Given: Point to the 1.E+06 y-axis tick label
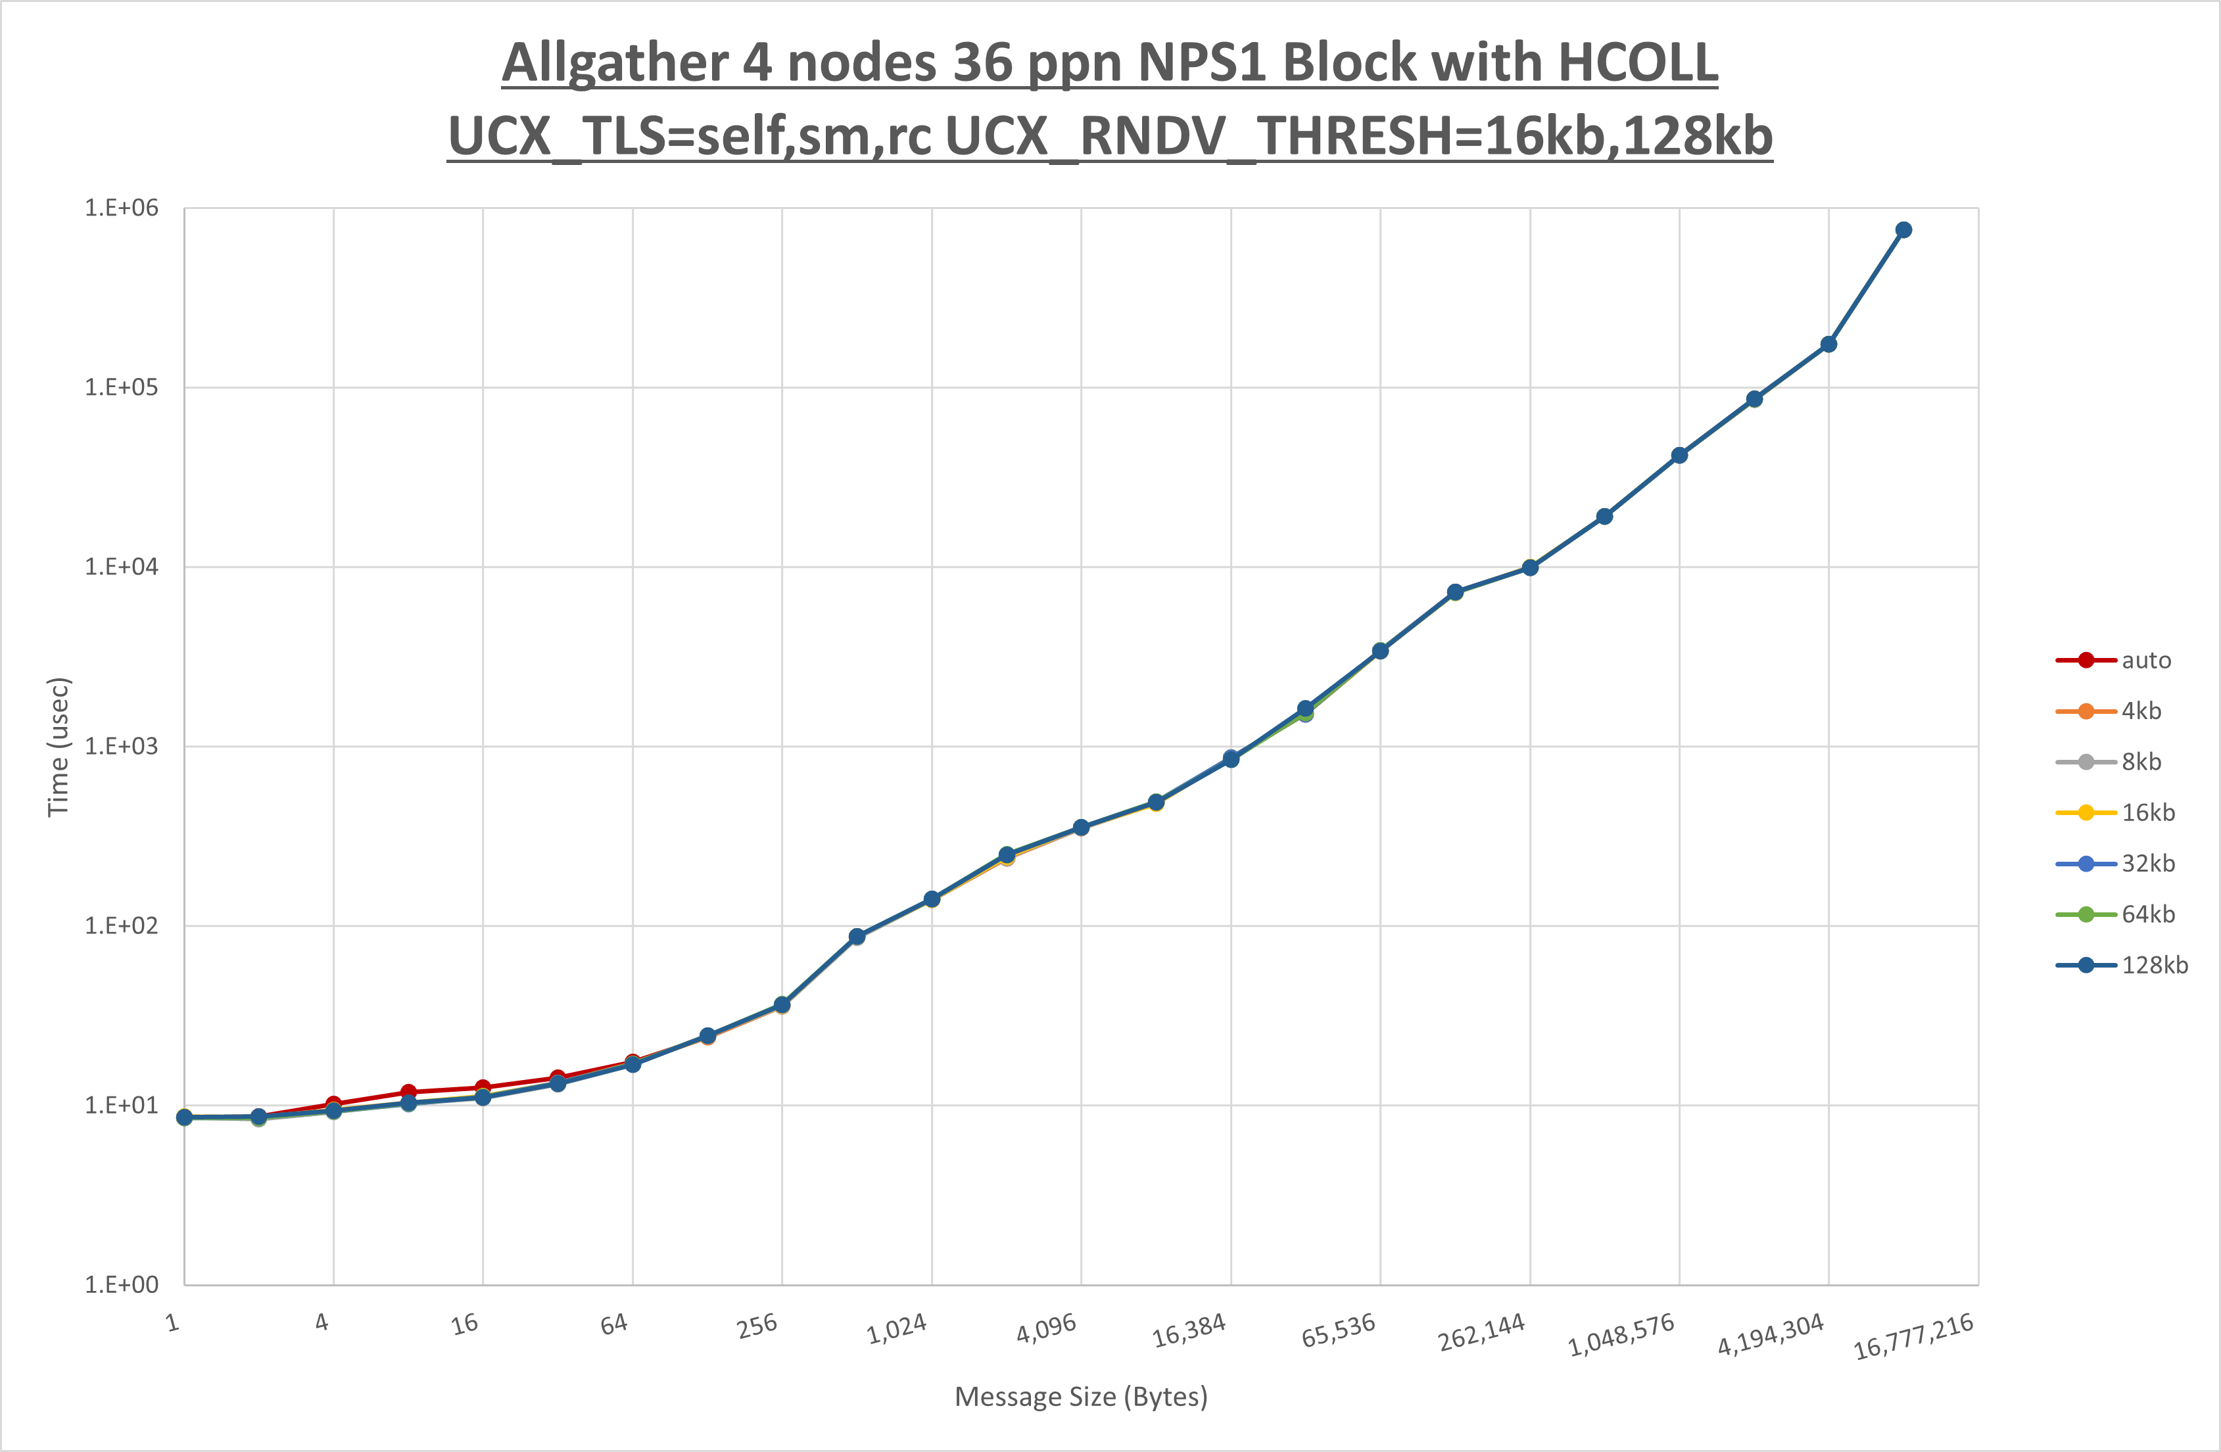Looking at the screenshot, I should [122, 207].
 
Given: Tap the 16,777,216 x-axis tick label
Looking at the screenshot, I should [1913, 1336].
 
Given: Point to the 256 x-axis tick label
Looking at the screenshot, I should [757, 1325].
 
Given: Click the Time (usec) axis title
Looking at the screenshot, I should [58, 747].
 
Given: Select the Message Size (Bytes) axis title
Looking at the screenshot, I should [1081, 1396].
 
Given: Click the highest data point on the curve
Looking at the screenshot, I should [1903, 229].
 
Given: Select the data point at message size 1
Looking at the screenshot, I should [185, 1117].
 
